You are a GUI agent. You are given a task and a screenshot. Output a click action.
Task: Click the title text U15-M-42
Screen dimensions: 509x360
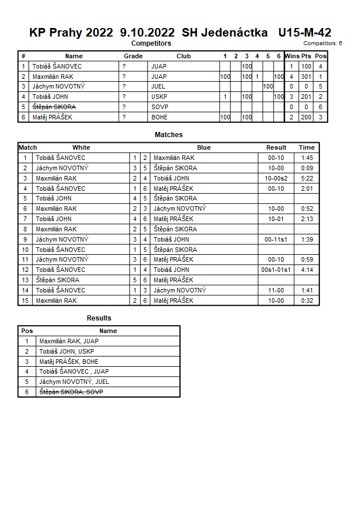tap(305, 33)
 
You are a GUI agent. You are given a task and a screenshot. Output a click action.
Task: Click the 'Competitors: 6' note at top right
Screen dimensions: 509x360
tap(323, 43)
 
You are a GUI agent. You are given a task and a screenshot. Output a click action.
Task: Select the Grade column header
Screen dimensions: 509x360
tap(133, 56)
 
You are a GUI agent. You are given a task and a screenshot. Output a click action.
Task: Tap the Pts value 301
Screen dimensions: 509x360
tap(306, 77)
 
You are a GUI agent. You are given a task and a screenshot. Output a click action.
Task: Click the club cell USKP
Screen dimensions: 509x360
tap(159, 97)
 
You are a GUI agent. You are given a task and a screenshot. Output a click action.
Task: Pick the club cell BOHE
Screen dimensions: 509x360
tap(159, 117)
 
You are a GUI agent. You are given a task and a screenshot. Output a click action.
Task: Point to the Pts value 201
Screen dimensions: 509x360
tap(306, 97)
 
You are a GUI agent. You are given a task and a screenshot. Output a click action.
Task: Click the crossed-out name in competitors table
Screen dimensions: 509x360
tap(54, 107)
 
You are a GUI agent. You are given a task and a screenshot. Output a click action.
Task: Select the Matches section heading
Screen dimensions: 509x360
tap(169, 135)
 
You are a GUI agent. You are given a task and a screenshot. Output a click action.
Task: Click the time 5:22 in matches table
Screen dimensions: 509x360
tap(307, 178)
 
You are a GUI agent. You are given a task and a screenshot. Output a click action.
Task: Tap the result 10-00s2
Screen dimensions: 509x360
tap(276, 178)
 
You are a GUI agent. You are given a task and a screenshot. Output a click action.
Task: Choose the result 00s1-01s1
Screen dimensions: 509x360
tap(276, 270)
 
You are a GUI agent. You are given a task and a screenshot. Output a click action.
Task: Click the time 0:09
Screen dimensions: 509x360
tap(307, 168)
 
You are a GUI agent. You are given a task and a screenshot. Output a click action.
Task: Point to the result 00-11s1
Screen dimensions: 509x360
tap(276, 239)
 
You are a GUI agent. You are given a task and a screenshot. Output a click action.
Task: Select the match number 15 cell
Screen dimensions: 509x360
tap(25, 300)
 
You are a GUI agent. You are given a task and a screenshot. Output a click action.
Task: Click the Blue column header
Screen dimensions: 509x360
tap(204, 147)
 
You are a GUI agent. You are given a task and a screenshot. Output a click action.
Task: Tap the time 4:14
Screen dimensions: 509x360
tap(307, 270)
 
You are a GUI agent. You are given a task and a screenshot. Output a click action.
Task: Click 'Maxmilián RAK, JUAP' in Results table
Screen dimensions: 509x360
tap(69, 341)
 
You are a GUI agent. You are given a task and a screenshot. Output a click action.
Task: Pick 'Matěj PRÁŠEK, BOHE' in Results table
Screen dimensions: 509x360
tap(69, 362)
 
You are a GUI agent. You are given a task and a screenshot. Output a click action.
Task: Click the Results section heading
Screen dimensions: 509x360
tap(99, 318)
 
